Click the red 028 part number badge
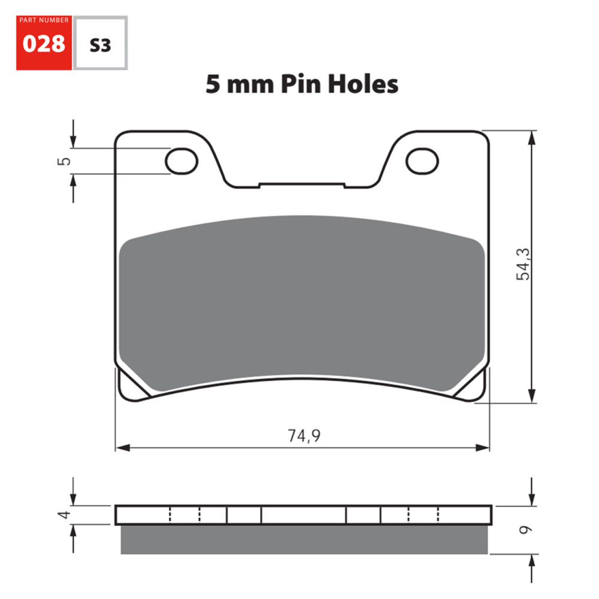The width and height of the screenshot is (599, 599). point(44,44)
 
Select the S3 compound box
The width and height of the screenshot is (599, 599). point(100,44)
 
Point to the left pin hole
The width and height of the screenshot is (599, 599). point(182,161)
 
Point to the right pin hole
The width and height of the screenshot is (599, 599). point(422,161)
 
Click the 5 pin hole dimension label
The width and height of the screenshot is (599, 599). point(66,161)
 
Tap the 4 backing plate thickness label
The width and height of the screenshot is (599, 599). point(66,514)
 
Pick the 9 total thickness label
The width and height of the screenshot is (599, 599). point(525,530)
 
